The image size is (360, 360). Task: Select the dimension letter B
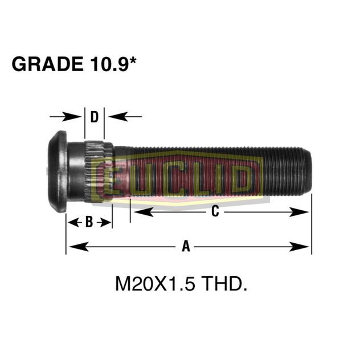click(x=89, y=222)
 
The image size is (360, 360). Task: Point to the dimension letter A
click(x=185, y=246)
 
